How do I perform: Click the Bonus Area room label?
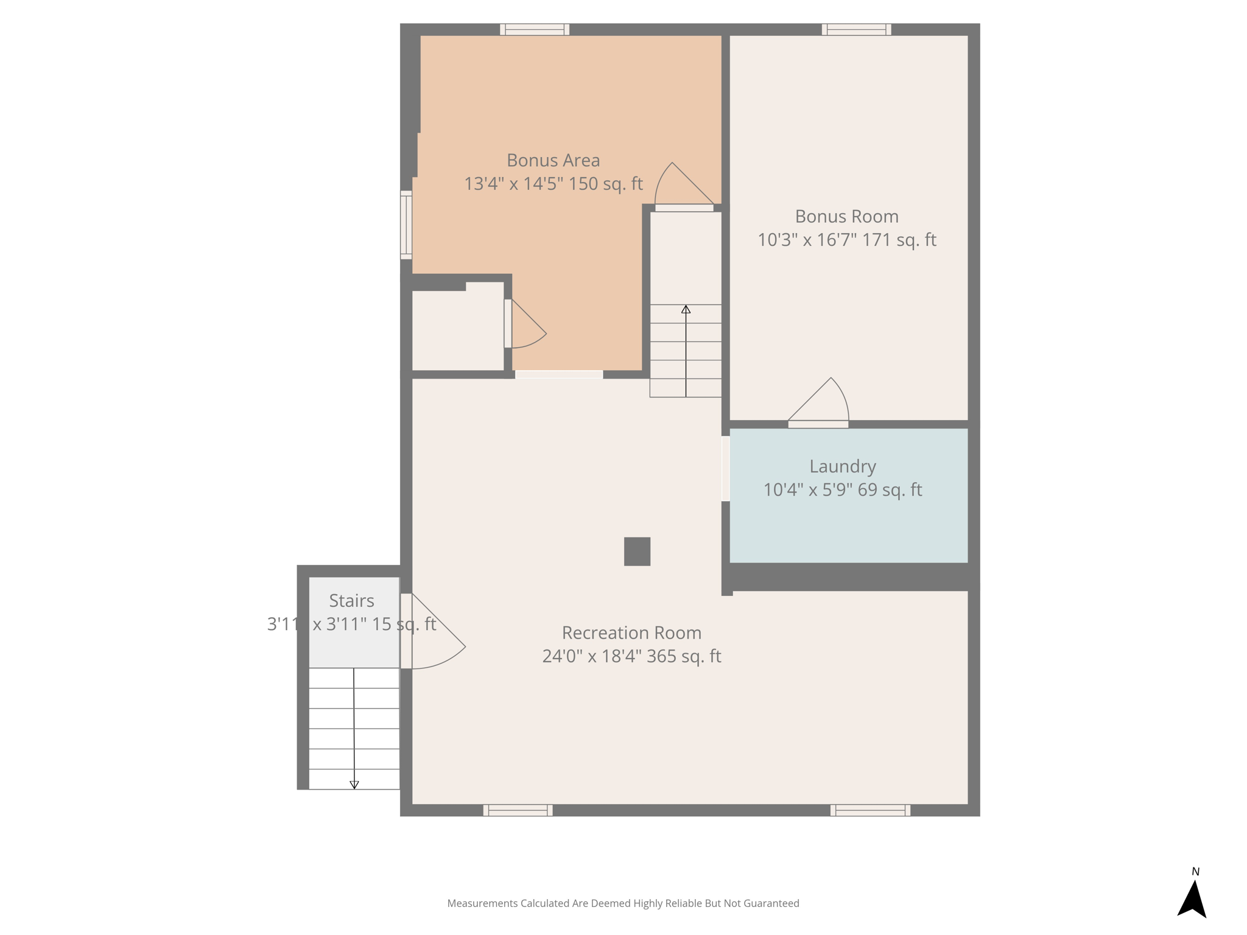(x=553, y=160)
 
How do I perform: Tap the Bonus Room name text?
(x=846, y=216)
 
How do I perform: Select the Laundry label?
(x=843, y=467)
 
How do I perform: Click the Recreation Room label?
(x=631, y=633)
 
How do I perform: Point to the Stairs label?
(x=351, y=601)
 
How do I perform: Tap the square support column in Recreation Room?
(x=637, y=552)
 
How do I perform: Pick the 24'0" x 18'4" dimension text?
(x=591, y=656)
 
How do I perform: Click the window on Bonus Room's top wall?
(x=856, y=29)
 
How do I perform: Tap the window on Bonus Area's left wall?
(x=406, y=225)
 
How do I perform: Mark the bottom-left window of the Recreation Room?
(x=518, y=810)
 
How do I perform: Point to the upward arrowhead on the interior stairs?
(x=686, y=309)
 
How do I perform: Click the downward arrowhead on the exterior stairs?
(x=354, y=785)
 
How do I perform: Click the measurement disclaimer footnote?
(x=623, y=903)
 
